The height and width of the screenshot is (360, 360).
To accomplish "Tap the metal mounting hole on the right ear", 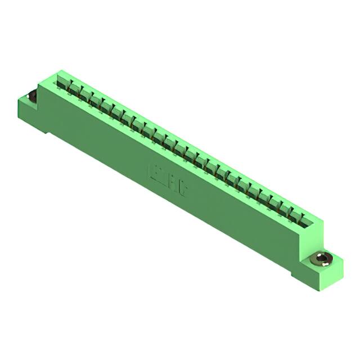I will pyautogui.click(x=321, y=259).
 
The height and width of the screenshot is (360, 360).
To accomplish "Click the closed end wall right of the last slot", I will pyautogui.click(x=315, y=224).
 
